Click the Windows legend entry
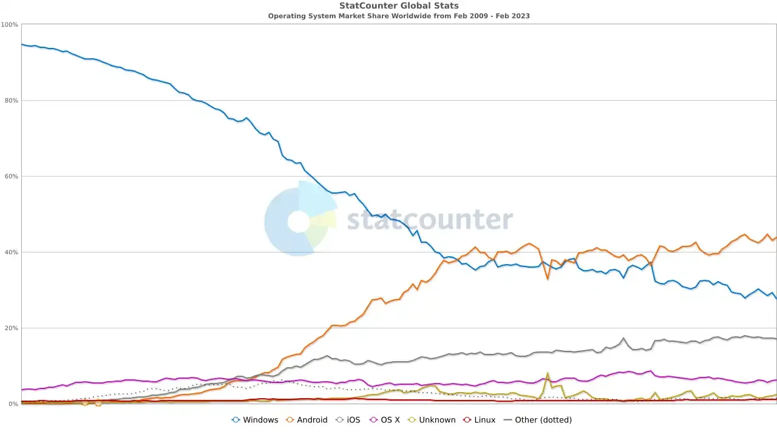tap(255, 420)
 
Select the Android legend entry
tap(307, 420)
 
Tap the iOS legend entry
tap(348, 420)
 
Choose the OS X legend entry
tap(384, 420)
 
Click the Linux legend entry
tap(479, 420)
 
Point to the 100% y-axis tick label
tap(10, 25)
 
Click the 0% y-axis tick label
tap(13, 404)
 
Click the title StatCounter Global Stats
tap(399, 6)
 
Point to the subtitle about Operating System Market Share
tap(399, 16)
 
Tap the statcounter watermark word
tap(430, 220)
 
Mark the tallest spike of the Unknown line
tap(548, 374)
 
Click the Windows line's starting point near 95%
tap(22, 44)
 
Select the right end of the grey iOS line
tap(775, 338)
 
